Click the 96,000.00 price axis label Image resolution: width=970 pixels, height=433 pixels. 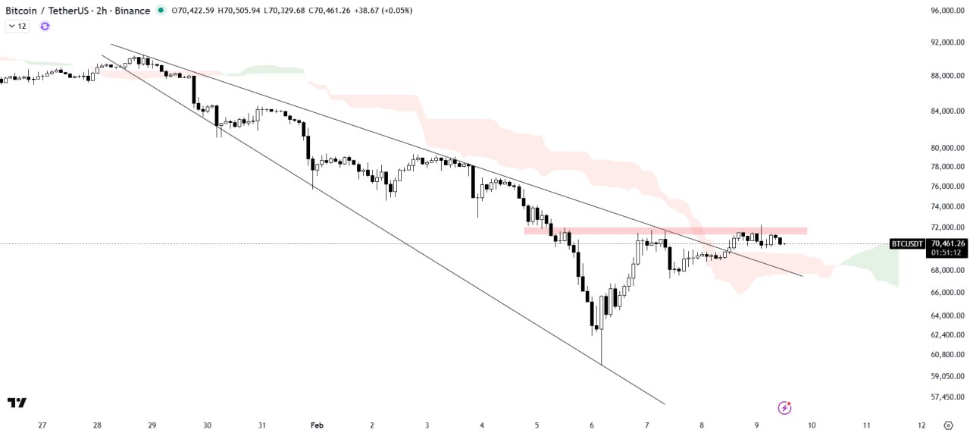click(x=948, y=11)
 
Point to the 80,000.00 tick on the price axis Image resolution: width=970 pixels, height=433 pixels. click(x=948, y=148)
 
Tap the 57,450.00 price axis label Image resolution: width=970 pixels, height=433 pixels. click(x=948, y=397)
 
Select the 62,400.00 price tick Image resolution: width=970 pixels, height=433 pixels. click(x=948, y=334)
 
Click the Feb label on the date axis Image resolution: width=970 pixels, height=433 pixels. click(x=317, y=425)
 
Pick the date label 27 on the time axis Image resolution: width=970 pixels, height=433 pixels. click(x=42, y=425)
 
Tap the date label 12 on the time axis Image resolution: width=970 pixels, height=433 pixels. click(x=921, y=425)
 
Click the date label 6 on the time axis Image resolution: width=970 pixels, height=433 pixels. click(x=592, y=425)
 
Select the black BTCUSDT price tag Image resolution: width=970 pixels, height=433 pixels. click(x=907, y=243)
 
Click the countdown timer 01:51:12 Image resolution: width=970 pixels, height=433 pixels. click(x=947, y=253)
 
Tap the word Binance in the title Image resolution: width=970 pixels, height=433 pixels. click(x=133, y=11)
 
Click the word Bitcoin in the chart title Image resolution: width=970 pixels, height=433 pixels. click(x=23, y=11)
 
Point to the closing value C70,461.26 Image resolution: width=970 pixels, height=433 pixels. click(x=324, y=11)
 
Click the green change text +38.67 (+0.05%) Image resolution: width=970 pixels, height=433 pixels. click(x=383, y=11)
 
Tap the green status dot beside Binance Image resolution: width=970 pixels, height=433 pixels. click(x=160, y=11)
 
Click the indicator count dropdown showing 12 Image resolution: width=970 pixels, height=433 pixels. click(x=17, y=26)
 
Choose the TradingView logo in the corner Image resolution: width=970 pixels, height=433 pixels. click(x=17, y=403)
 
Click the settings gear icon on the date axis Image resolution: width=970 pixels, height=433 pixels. click(x=948, y=425)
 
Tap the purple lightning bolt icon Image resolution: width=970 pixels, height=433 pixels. click(x=785, y=408)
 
